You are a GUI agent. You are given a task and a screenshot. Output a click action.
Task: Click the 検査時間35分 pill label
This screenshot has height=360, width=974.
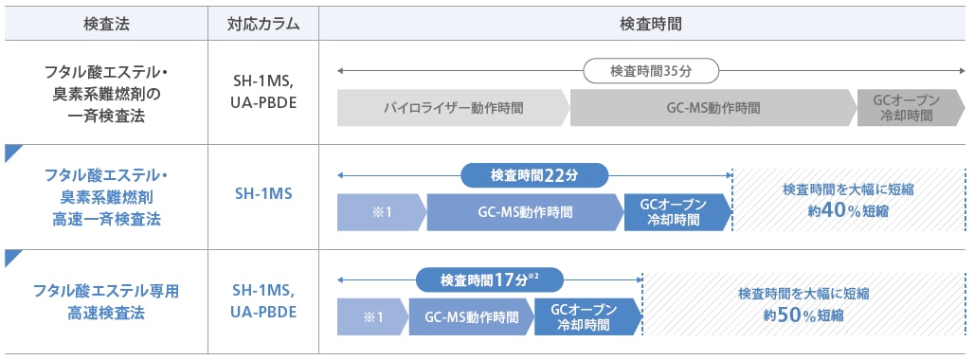point(651,70)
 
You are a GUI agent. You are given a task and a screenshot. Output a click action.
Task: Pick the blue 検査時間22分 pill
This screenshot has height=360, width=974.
point(534,175)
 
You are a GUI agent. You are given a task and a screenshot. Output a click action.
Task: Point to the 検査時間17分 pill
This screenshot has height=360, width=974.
point(490,279)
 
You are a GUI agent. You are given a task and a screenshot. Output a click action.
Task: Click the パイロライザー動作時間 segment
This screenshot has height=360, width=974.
point(452,108)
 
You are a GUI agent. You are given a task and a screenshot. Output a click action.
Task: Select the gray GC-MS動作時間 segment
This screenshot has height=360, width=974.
point(712,108)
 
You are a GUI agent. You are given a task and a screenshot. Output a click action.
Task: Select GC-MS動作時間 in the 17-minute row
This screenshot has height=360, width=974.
point(471,316)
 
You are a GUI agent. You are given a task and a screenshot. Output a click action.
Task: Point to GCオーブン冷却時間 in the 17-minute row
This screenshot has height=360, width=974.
point(585,316)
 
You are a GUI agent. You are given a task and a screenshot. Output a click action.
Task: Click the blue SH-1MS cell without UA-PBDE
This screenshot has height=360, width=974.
point(264,194)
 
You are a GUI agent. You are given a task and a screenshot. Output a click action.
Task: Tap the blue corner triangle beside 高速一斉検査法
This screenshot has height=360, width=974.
point(12,152)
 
